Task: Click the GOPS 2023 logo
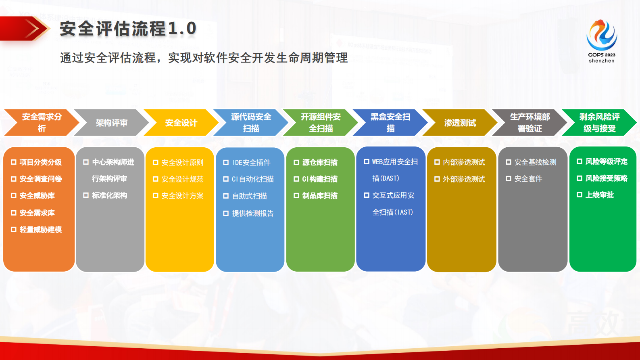[x=601, y=40]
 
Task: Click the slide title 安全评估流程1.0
[x=128, y=29]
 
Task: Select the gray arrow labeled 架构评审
[x=111, y=123]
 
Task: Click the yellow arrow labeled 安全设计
[x=181, y=123]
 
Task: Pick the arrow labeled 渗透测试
[x=460, y=123]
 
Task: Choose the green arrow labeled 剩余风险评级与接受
[x=599, y=123]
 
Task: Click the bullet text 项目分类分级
[x=40, y=162]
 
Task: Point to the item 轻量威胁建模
[x=40, y=230]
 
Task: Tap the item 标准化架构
[x=109, y=195]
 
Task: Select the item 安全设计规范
[x=182, y=179]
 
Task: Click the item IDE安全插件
[x=251, y=163]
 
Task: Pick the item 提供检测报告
[x=252, y=213]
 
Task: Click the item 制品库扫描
[x=320, y=196]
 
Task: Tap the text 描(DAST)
[x=386, y=178]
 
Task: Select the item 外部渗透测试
[x=464, y=179]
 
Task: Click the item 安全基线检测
[x=535, y=162]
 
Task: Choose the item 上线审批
[x=599, y=195]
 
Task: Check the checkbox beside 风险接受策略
[x=580, y=178]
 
